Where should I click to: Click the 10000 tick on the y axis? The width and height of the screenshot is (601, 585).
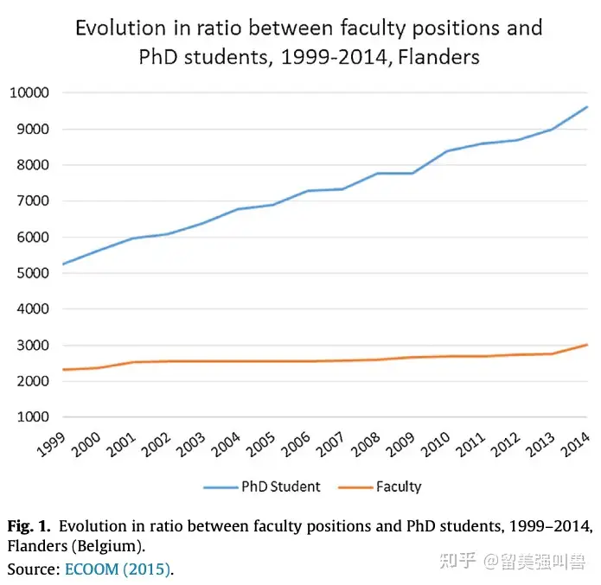(x=29, y=92)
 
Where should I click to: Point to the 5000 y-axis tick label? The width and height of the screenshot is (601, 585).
(x=32, y=273)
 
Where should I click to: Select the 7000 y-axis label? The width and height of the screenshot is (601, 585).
(x=32, y=200)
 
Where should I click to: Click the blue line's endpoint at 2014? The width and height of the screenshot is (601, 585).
(x=587, y=107)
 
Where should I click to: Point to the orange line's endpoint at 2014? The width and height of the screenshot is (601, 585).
(x=587, y=345)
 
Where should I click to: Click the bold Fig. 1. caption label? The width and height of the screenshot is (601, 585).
(x=29, y=525)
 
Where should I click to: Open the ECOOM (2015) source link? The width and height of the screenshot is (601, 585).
(x=118, y=569)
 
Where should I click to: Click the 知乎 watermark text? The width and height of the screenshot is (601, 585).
(x=457, y=561)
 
